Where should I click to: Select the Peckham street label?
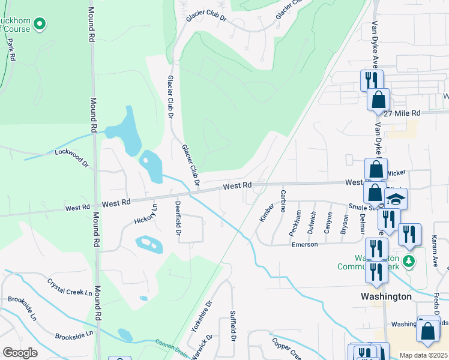(295, 223)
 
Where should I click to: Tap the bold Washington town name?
(386, 296)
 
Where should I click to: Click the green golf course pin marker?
(40, 25)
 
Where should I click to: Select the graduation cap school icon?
(396, 199)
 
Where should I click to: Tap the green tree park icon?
(409, 261)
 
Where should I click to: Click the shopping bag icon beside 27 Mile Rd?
(379, 99)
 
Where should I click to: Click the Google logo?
(20, 353)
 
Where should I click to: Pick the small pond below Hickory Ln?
(148, 244)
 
